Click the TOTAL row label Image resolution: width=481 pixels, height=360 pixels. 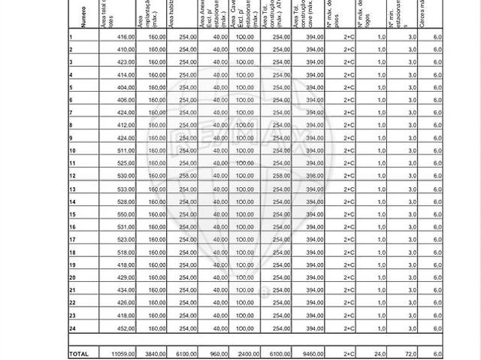pyautogui.click(x=79, y=353)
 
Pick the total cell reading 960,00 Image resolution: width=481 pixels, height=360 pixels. pyautogui.click(x=219, y=353)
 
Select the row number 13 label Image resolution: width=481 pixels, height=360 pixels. pyautogui.click(x=73, y=189)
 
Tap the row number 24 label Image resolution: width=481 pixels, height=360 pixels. pyautogui.click(x=73, y=328)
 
